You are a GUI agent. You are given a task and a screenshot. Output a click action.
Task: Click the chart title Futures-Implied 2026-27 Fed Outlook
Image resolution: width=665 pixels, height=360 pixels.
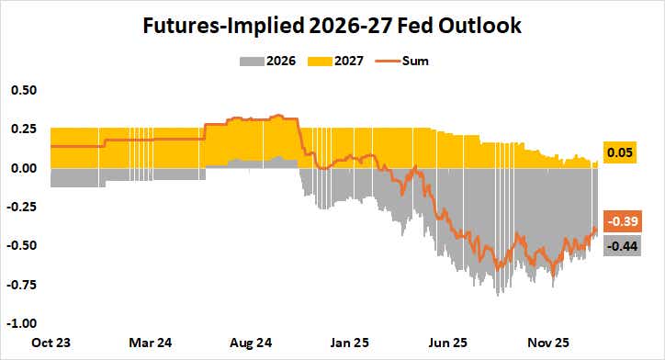coord(332,27)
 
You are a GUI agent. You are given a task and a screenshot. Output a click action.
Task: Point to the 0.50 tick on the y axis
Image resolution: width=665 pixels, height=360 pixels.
coord(24,91)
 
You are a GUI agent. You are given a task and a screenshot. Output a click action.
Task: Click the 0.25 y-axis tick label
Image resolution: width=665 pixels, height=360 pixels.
coord(24,129)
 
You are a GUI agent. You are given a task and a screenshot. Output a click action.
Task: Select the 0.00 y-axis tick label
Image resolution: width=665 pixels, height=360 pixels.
coord(24,169)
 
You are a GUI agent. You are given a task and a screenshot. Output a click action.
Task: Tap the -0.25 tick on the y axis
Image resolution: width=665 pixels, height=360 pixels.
coord(22,208)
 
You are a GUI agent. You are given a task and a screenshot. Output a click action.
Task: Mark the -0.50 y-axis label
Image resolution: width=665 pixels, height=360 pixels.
coord(22,246)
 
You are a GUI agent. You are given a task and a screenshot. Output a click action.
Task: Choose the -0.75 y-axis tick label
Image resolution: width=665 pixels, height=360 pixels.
coord(22,285)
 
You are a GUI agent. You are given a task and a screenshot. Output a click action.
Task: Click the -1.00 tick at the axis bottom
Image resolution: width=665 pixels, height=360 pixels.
coord(22,323)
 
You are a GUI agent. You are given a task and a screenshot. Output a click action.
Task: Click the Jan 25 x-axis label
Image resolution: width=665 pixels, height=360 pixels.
coord(348,343)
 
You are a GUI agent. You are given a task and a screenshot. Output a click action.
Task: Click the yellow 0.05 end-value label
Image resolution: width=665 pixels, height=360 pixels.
coord(621,153)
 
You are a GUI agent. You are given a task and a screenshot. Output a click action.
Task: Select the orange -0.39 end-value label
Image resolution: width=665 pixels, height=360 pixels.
coord(621,220)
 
